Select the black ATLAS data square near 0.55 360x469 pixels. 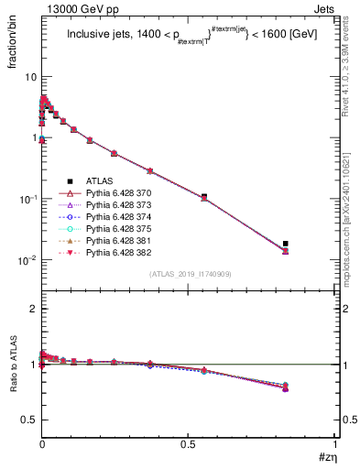203,196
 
